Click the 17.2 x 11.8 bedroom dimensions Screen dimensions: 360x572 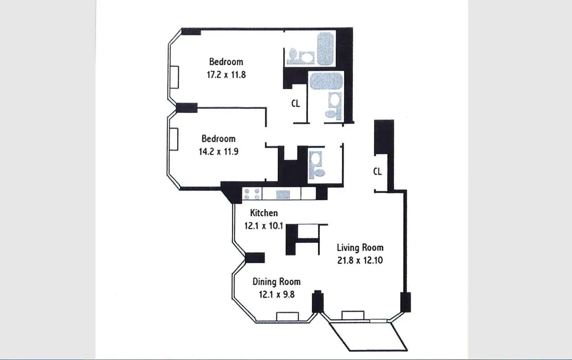coord(226,75)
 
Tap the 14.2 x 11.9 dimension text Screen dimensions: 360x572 coord(218,152)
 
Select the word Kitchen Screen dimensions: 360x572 coord(264,213)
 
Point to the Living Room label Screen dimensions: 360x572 coord(360,247)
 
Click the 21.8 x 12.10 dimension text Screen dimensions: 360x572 coord(360,260)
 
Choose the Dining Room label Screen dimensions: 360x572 coord(276,282)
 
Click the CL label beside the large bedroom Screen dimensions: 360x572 coord(295,103)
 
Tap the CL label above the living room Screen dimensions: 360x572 coord(377,171)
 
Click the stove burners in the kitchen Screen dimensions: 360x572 coord(252,193)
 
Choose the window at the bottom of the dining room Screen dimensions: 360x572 coord(287,316)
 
